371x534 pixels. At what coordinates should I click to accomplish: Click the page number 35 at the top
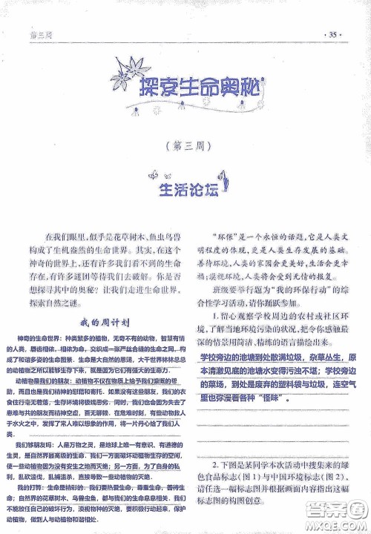[x=332, y=34]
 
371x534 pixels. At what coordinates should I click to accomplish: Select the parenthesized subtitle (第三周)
[x=186, y=145]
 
